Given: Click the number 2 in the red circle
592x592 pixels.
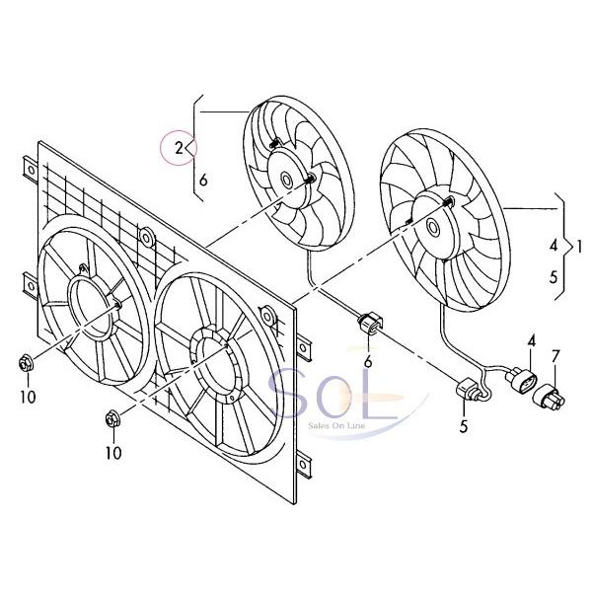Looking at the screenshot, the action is [179, 149].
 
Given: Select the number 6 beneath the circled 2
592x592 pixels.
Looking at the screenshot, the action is [202, 180].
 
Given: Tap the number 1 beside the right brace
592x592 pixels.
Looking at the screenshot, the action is [580, 243].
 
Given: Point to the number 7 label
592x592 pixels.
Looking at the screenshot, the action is [555, 355].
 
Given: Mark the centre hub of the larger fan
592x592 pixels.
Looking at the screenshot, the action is [432, 226].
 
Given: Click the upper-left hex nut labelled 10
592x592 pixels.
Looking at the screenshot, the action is [27, 363].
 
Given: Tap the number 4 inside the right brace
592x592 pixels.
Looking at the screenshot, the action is [554, 243].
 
